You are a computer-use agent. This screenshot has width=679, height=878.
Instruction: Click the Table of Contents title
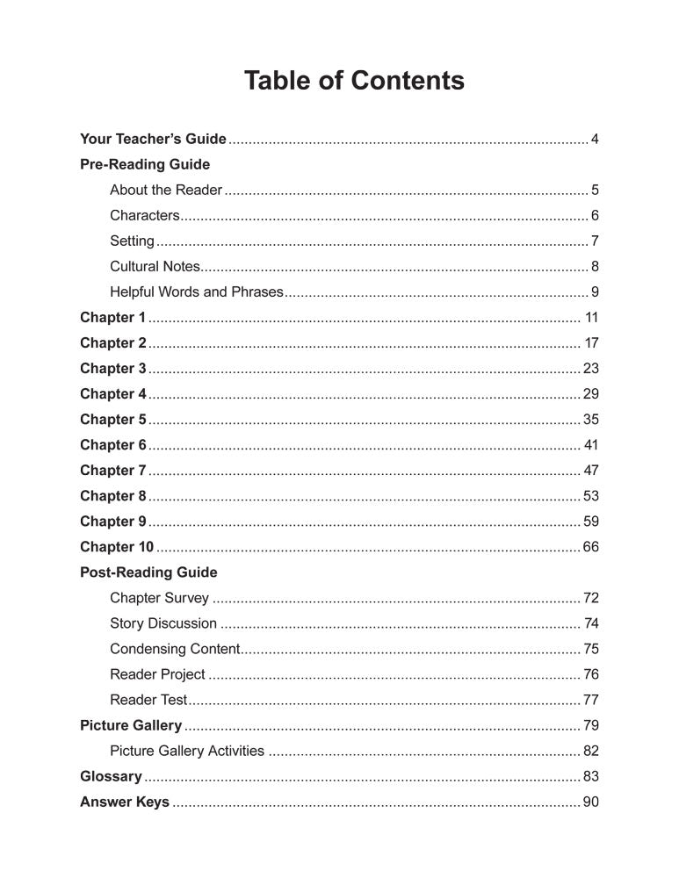tap(354, 82)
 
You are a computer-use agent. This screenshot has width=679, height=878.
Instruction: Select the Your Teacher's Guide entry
tap(153, 139)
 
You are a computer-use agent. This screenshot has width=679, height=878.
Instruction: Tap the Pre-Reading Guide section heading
tap(145, 164)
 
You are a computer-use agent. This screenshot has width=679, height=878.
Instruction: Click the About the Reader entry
tap(166, 190)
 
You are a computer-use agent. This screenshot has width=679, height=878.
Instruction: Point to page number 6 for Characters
tap(595, 215)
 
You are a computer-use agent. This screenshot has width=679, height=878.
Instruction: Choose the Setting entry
tap(132, 241)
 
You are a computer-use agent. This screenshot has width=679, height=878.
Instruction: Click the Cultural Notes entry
tap(155, 266)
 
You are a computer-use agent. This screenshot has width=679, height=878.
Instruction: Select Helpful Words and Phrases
tap(197, 291)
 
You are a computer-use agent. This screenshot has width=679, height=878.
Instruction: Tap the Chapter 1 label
tap(113, 317)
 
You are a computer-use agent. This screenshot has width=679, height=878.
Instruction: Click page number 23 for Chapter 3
tap(590, 368)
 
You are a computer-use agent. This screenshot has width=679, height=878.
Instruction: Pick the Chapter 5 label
tap(113, 419)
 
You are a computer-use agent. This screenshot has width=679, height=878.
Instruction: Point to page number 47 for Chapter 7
tap(590, 470)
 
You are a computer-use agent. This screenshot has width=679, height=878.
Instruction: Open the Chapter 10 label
tap(117, 547)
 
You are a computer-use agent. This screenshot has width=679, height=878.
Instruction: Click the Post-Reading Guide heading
tap(148, 572)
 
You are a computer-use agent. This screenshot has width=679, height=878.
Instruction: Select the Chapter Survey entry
tap(160, 598)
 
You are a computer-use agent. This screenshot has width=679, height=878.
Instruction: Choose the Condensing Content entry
tap(175, 649)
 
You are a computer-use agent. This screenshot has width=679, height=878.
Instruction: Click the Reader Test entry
tap(148, 700)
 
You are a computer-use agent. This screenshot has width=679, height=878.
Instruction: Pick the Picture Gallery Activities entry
tap(187, 751)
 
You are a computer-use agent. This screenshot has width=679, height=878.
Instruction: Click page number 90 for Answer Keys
tap(590, 802)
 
